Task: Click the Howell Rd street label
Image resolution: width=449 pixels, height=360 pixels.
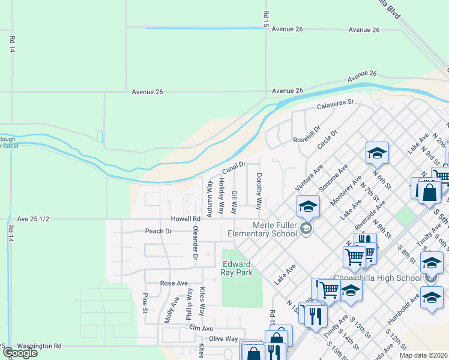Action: click(184, 219)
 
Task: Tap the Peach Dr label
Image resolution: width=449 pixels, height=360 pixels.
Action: click(158, 231)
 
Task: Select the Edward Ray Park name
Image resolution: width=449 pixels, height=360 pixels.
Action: click(237, 268)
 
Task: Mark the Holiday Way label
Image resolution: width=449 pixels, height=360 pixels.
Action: click(221, 196)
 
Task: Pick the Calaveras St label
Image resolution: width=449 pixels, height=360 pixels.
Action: click(336, 106)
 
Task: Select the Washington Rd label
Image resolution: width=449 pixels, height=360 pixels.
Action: click(39, 346)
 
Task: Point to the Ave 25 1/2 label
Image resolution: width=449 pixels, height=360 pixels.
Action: click(32, 219)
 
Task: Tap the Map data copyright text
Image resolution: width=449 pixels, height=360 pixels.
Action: click(423, 355)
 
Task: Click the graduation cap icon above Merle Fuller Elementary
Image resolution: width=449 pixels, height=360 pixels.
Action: click(307, 206)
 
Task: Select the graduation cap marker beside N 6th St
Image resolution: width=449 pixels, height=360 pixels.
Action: click(377, 152)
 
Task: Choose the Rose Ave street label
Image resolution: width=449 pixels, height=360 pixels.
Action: click(174, 283)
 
